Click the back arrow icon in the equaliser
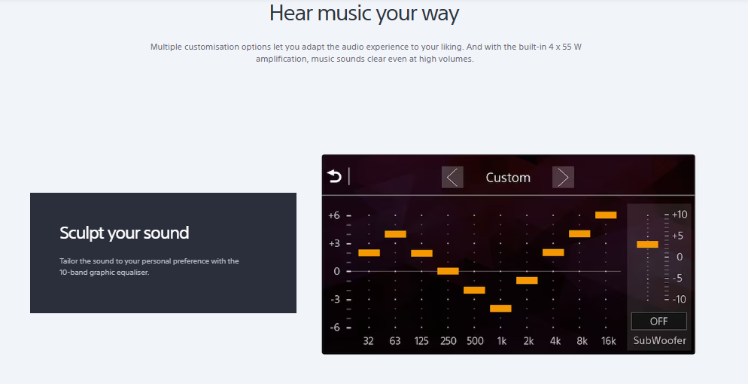(334, 176)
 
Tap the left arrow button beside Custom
(452, 177)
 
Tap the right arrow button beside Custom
(563, 177)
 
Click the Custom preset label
(508, 178)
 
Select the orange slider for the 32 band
(369, 253)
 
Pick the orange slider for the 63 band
(396, 234)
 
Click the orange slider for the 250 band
(448, 271)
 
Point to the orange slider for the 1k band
(500, 308)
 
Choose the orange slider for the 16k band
(606, 215)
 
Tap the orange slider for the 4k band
(553, 252)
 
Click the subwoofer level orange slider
(647, 244)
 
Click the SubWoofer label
(660, 340)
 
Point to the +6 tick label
(334, 215)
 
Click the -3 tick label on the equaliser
(335, 300)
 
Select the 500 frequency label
(475, 341)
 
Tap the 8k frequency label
(582, 341)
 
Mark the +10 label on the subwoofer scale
(680, 215)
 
